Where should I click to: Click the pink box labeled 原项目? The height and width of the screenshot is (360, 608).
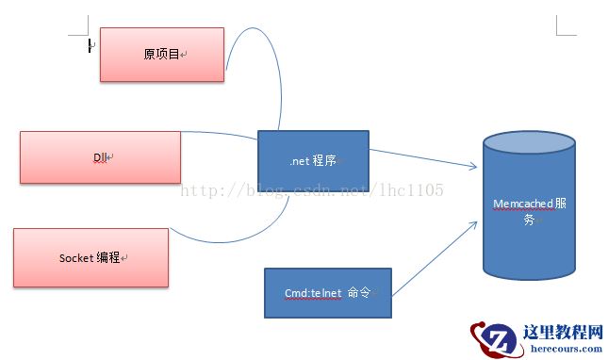[162, 55]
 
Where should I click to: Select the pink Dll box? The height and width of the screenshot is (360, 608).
[100, 156]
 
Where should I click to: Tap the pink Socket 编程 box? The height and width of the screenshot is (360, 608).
[90, 257]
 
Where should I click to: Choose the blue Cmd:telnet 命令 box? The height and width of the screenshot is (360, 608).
[326, 293]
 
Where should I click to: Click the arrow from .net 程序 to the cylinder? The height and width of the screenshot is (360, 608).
[424, 159]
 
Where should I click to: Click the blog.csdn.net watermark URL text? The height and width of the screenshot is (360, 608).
[311, 190]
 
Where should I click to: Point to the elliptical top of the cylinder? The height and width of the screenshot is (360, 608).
[530, 141]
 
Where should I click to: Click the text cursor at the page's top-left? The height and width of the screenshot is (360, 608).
[90, 44]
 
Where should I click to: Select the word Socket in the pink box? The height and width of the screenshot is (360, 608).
[76, 257]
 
